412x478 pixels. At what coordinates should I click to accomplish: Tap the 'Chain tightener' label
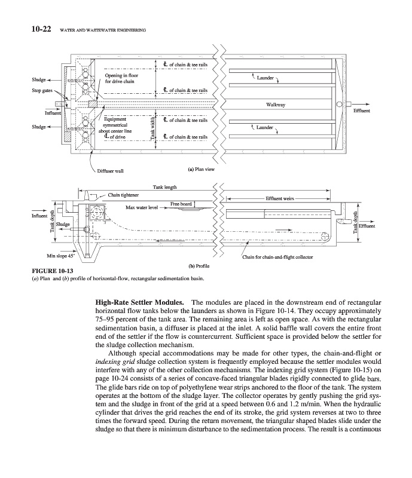click(x=123, y=195)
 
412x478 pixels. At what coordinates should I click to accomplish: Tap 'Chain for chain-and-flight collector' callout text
click(x=277, y=258)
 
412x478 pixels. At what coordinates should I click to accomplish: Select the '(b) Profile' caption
click(x=198, y=264)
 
